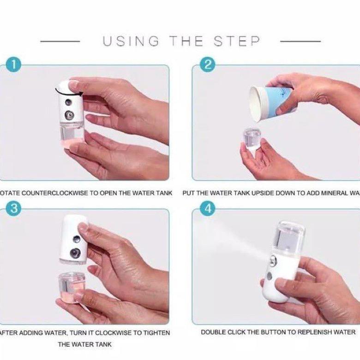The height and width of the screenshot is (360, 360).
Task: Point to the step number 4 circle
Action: [208, 209]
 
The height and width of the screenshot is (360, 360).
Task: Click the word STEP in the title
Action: [237, 41]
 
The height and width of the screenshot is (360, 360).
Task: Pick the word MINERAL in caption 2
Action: [333, 193]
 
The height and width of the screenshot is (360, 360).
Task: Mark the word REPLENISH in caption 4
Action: [313, 332]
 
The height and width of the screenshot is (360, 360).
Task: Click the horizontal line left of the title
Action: [60, 42]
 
